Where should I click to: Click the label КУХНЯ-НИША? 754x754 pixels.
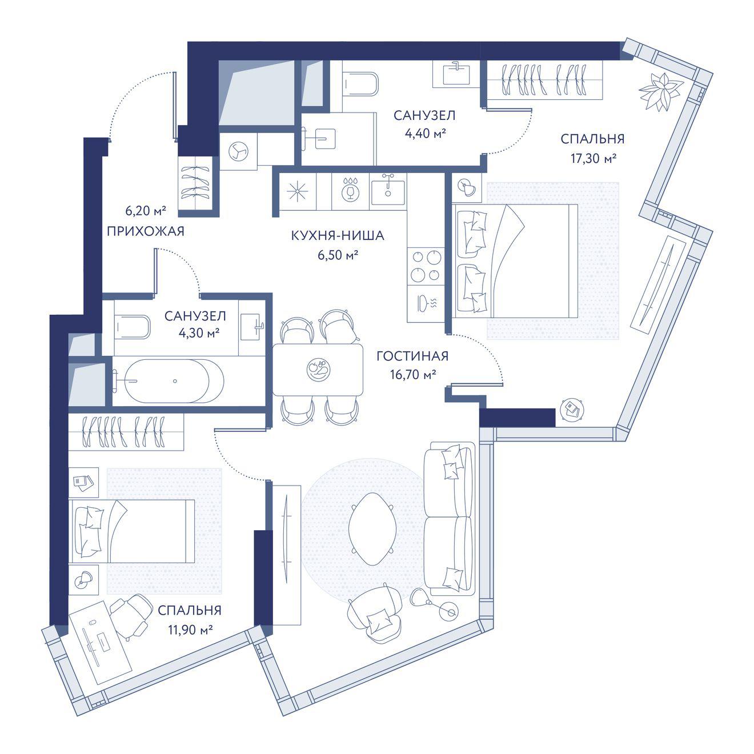[337, 236]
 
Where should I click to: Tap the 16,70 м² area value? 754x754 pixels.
[413, 375]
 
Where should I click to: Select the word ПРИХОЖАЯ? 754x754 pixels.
[146, 231]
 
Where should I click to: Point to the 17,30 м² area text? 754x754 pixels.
[593, 158]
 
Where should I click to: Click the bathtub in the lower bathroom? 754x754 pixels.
[169, 380]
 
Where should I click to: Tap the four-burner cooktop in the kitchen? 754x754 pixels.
[426, 266]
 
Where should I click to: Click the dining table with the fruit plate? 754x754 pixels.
[318, 370]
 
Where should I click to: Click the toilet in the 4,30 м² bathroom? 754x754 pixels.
[133, 327]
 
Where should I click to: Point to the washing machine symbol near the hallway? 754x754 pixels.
[238, 151]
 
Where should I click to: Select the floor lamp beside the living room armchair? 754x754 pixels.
[434, 604]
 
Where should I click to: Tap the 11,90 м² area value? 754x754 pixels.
[191, 630]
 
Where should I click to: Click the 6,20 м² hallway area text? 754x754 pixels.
[146, 211]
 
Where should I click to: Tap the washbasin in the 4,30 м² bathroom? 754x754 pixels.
[252, 326]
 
